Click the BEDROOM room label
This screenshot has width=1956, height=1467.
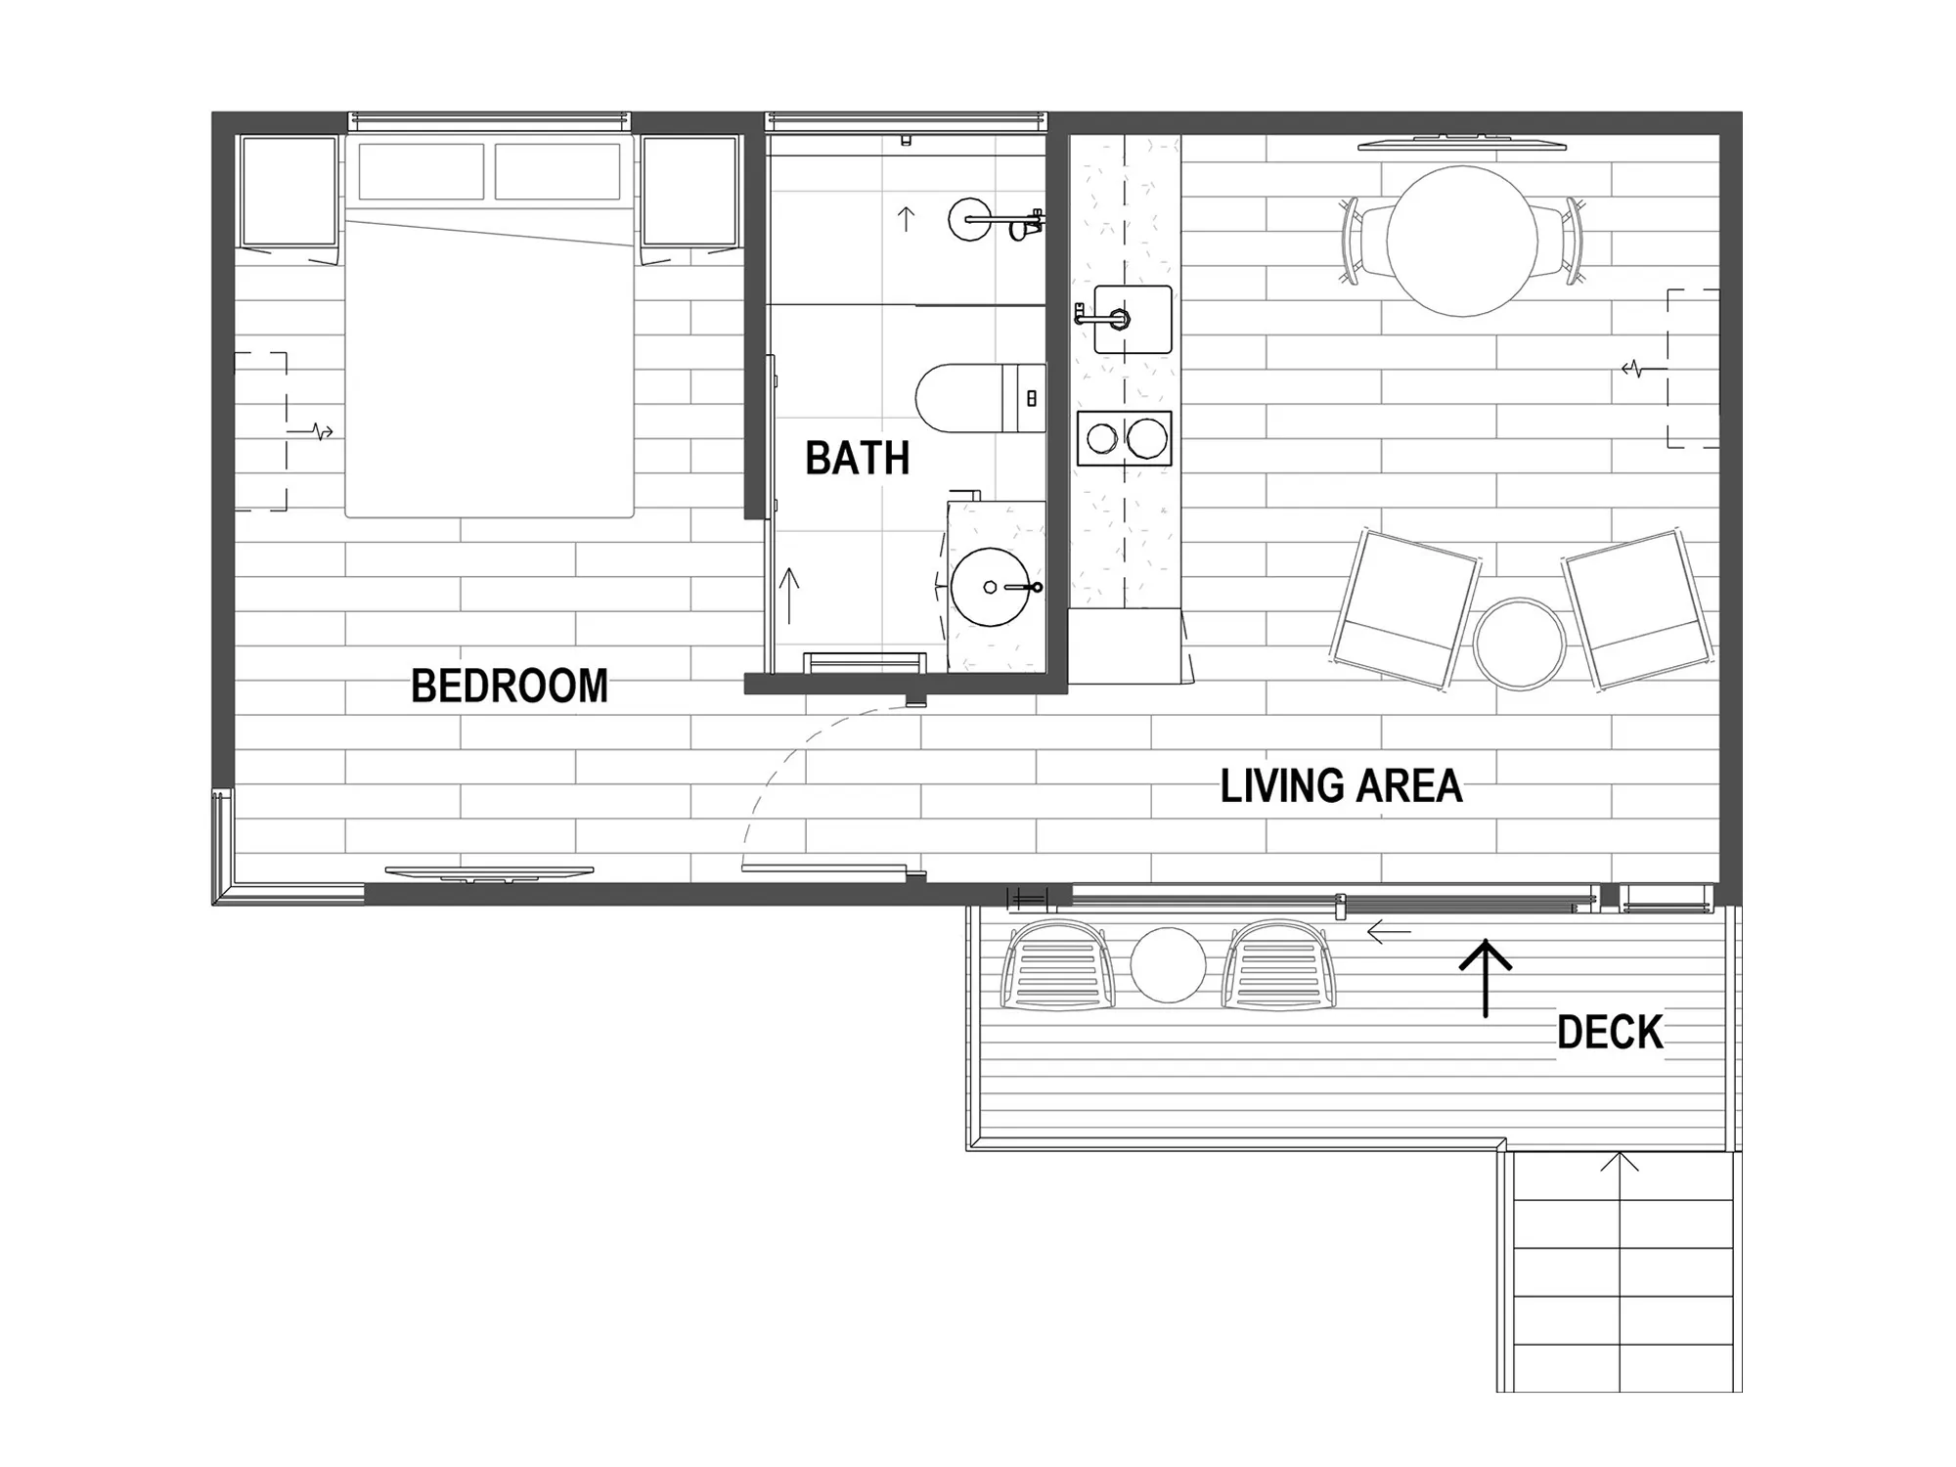[x=510, y=686]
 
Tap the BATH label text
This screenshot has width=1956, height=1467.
[x=858, y=458]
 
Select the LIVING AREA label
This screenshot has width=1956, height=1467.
[x=1341, y=786]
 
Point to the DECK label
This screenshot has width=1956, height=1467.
[x=1610, y=1033]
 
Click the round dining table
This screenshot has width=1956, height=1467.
[x=1462, y=241]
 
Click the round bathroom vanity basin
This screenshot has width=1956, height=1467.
[x=991, y=587]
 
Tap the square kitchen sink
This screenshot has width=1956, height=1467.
[x=1133, y=319]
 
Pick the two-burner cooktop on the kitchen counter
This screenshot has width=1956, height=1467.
[x=1125, y=438]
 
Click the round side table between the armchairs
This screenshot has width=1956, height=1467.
[x=1519, y=645]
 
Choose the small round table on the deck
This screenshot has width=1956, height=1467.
[x=1168, y=965]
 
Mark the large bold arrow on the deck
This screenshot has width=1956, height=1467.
[x=1486, y=978]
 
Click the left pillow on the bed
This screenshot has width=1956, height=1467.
[x=422, y=171]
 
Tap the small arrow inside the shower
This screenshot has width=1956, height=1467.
[x=906, y=219]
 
